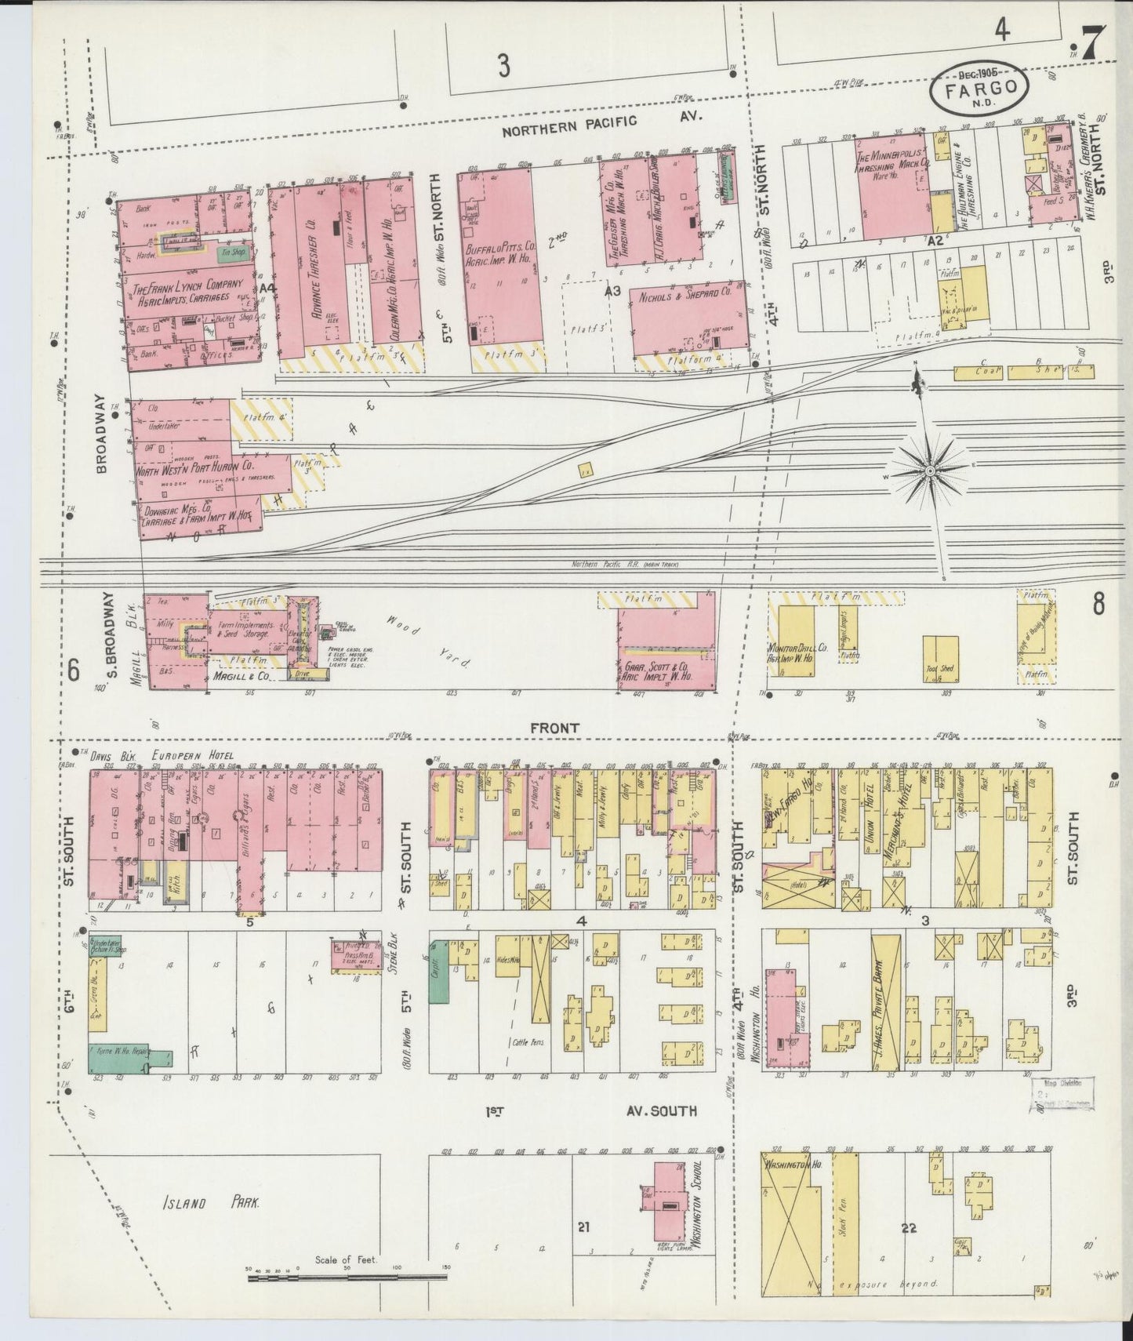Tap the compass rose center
pos(930,471)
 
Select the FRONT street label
pos(554,729)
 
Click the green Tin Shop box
pos(228,252)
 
